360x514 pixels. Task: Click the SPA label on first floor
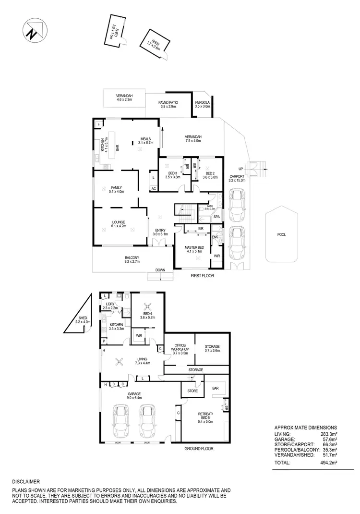click(216, 217)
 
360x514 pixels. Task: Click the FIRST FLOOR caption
click(202, 276)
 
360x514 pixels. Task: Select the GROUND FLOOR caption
click(199, 448)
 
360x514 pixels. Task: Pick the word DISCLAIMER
click(26, 481)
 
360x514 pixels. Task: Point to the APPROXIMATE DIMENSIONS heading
click(305, 427)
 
